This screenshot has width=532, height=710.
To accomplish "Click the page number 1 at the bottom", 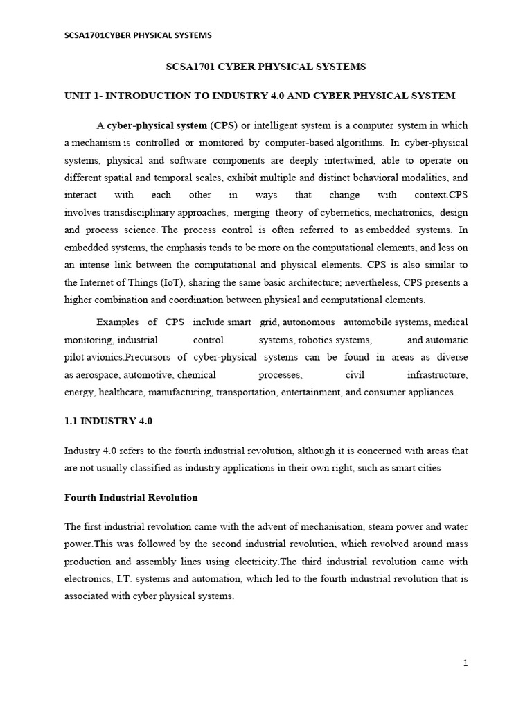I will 466,663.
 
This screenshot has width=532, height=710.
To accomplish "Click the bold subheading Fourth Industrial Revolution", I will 131,498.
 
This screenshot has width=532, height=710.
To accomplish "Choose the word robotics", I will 317,340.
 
